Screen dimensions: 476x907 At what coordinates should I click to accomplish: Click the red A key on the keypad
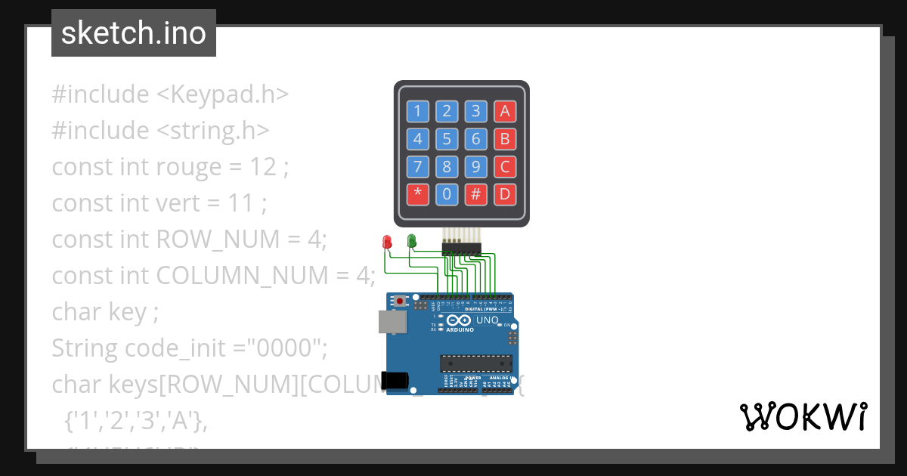pyautogui.click(x=505, y=112)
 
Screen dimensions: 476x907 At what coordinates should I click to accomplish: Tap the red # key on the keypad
pyautogui.click(x=475, y=194)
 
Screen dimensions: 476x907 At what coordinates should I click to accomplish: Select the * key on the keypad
pyautogui.click(x=417, y=194)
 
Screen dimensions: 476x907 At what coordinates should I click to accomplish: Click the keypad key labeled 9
pyautogui.click(x=475, y=167)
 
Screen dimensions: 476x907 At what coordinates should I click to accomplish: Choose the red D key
pyautogui.click(x=505, y=194)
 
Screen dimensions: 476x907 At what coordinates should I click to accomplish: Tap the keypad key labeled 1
pyautogui.click(x=417, y=112)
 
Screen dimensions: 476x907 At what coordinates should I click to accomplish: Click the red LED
pyautogui.click(x=387, y=242)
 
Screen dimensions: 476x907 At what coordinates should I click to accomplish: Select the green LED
pyautogui.click(x=411, y=241)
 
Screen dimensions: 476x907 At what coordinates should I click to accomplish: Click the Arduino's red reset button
pyautogui.click(x=400, y=302)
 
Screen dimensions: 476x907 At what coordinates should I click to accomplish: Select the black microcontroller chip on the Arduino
pyautogui.click(x=476, y=363)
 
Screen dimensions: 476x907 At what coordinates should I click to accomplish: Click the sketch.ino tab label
pyautogui.click(x=134, y=33)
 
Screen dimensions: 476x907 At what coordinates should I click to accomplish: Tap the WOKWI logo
pyautogui.click(x=803, y=416)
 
